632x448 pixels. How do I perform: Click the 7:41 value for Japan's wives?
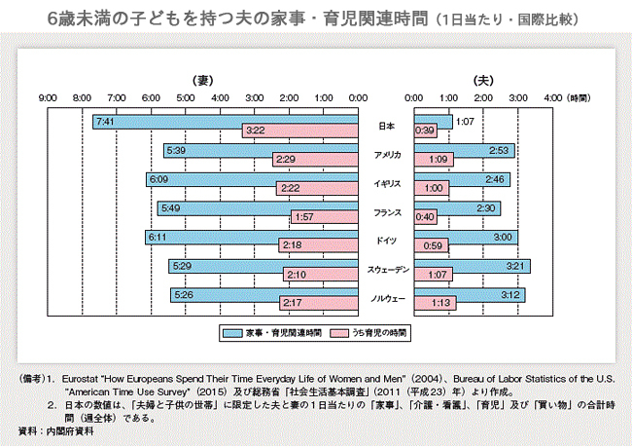[x=105, y=121]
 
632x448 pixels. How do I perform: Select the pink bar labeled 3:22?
[x=300, y=131]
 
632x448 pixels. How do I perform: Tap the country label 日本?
[x=386, y=126]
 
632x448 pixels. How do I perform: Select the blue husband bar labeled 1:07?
[x=434, y=121]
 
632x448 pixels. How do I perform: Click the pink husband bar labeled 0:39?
[x=426, y=131]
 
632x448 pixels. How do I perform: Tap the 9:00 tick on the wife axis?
[x=48, y=98]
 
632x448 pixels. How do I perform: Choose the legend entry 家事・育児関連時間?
[x=270, y=332]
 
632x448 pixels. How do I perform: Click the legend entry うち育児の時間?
[x=373, y=332]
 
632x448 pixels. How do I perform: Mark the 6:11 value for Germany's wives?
[x=157, y=237]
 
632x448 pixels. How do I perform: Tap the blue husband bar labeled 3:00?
[x=466, y=237]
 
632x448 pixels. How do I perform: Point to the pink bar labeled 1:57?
[x=325, y=216]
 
